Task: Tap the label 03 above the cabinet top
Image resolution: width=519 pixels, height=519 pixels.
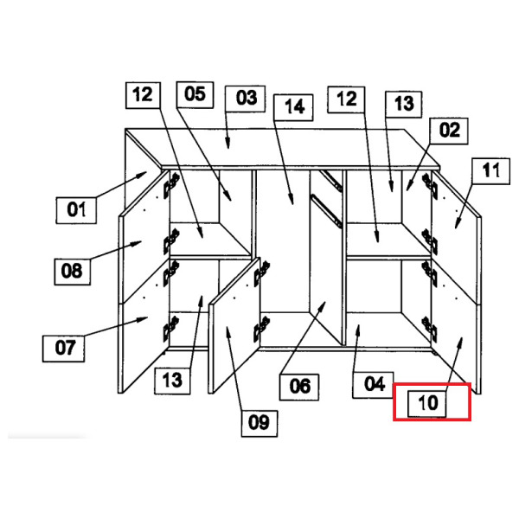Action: coord(247,98)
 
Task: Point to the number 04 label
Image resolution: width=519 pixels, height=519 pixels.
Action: coord(373,383)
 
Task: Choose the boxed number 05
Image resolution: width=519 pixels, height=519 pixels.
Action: coord(195,93)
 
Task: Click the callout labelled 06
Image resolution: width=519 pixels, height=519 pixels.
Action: coord(299,385)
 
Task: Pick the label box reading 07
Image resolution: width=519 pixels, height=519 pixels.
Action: coord(65,349)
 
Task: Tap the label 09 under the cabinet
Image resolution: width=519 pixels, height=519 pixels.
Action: coord(259,422)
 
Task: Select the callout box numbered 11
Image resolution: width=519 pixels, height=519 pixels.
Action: coord(490,171)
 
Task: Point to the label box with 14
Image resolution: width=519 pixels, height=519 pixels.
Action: coord(294,107)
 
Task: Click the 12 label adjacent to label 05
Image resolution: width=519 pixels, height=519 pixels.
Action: coord(144,94)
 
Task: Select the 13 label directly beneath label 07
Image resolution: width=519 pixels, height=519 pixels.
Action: coord(172,379)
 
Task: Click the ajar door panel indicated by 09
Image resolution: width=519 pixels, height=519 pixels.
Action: coord(234,333)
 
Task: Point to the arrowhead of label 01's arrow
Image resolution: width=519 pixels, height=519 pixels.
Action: coord(147,172)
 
